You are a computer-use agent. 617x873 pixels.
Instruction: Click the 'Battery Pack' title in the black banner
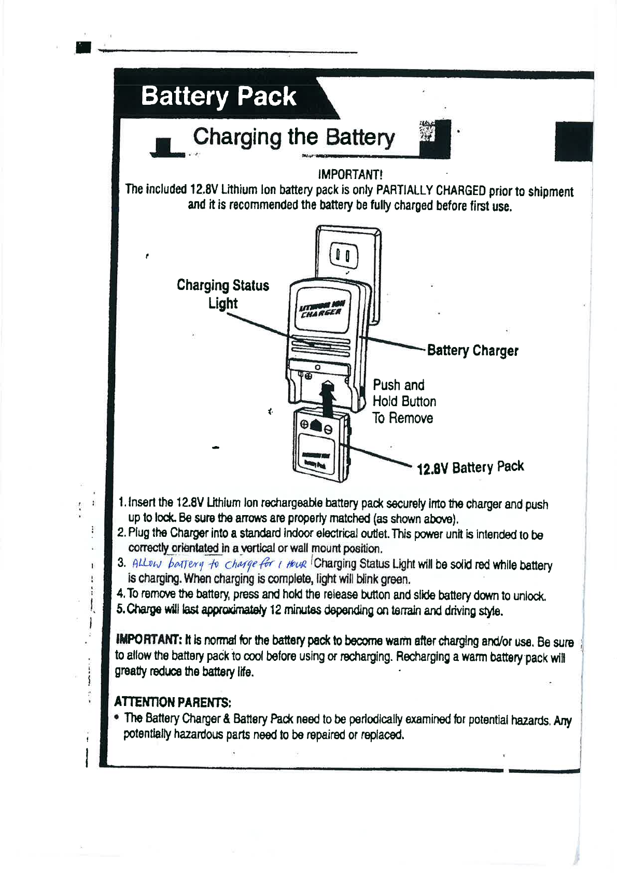(x=218, y=97)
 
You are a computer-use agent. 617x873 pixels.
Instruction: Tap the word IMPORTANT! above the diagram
(x=350, y=174)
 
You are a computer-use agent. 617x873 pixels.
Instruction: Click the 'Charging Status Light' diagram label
(x=223, y=294)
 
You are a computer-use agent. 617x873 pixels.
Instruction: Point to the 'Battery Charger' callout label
(x=472, y=351)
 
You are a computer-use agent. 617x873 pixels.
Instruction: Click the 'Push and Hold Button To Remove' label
(x=404, y=401)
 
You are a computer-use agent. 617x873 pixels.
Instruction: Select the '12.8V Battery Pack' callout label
(x=470, y=468)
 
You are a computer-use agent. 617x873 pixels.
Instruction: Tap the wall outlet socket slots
(x=343, y=256)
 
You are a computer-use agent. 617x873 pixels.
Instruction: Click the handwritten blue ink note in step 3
(x=220, y=564)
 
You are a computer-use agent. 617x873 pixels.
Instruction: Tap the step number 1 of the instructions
(x=121, y=503)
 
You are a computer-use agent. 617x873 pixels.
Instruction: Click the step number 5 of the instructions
(x=120, y=609)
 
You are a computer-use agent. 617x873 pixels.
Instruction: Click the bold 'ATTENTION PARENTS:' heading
(x=172, y=702)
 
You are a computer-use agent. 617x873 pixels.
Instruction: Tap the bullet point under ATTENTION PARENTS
(x=118, y=718)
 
